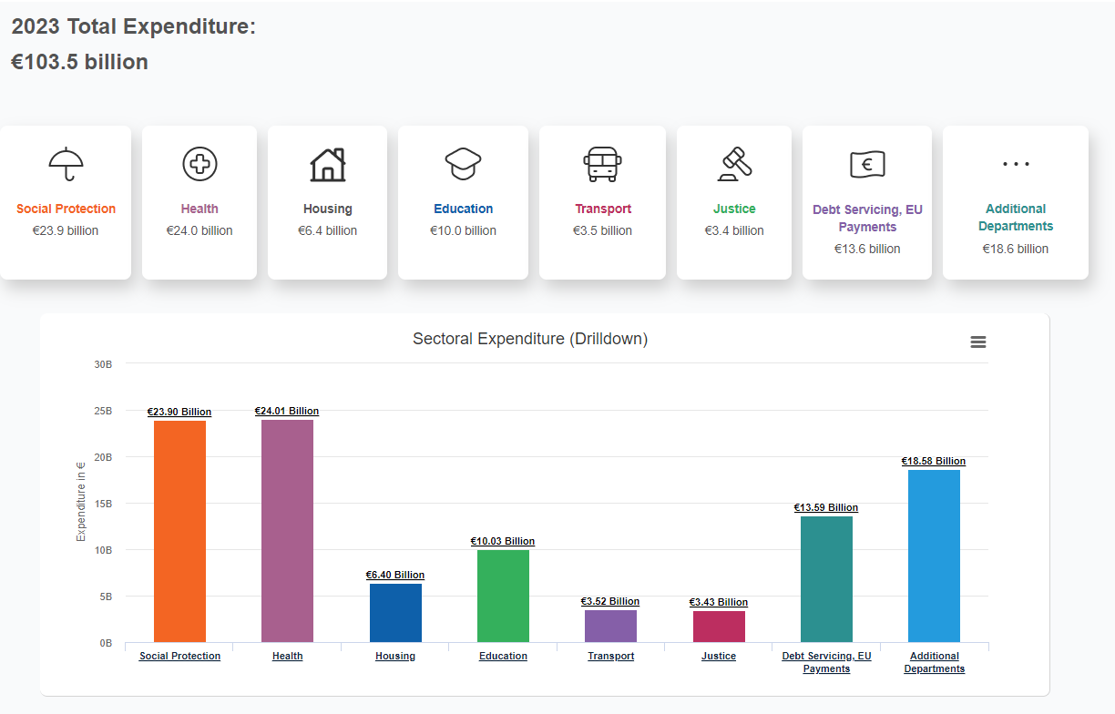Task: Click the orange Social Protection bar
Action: [x=179, y=531]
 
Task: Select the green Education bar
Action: [x=503, y=596]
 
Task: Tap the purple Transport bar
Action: [x=610, y=626]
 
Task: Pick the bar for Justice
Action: [x=719, y=627]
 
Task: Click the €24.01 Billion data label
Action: [x=287, y=412]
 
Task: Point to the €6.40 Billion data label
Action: [x=395, y=576]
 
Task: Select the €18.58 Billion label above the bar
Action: [x=934, y=462]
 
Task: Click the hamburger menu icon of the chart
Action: [x=978, y=342]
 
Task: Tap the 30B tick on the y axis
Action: [x=103, y=364]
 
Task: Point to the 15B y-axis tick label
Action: [x=103, y=504]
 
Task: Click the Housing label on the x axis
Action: [x=395, y=656]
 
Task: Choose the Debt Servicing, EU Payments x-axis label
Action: [x=826, y=662]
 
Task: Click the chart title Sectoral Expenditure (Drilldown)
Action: [x=530, y=339]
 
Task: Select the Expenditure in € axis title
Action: [x=81, y=502]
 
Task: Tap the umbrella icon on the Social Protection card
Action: [x=66, y=164]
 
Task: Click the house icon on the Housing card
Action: [x=328, y=165]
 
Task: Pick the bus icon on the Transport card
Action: [x=602, y=164]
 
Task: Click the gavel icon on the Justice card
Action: [x=734, y=164]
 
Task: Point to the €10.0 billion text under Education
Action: [x=463, y=230]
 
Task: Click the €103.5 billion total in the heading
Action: [x=79, y=62]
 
